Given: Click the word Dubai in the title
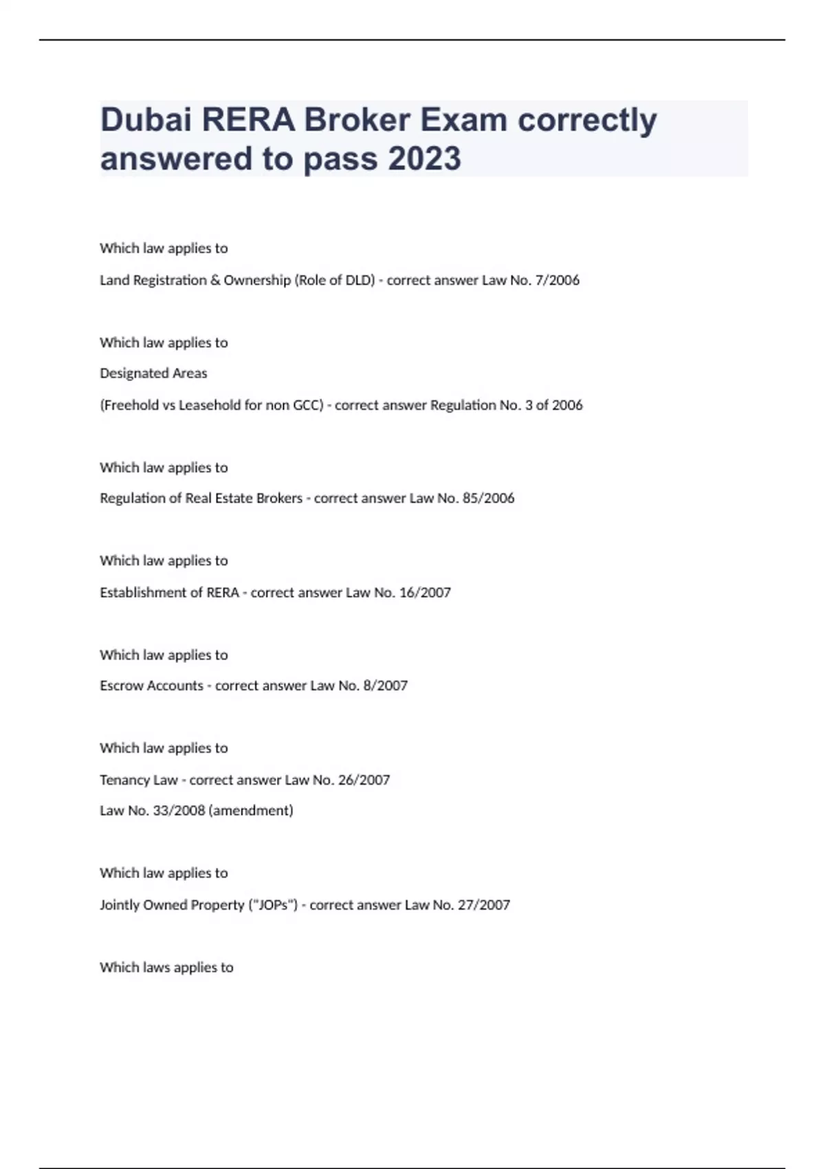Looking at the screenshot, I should (145, 120).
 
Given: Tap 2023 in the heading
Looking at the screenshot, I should (424, 159).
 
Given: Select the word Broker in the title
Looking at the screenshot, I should (356, 120).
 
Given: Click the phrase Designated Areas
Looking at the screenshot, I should (153, 373).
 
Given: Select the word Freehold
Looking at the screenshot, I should (131, 405).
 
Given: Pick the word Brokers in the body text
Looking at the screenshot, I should (279, 498).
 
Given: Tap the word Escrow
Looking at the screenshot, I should (118, 686).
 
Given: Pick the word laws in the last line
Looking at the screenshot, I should (156, 968).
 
